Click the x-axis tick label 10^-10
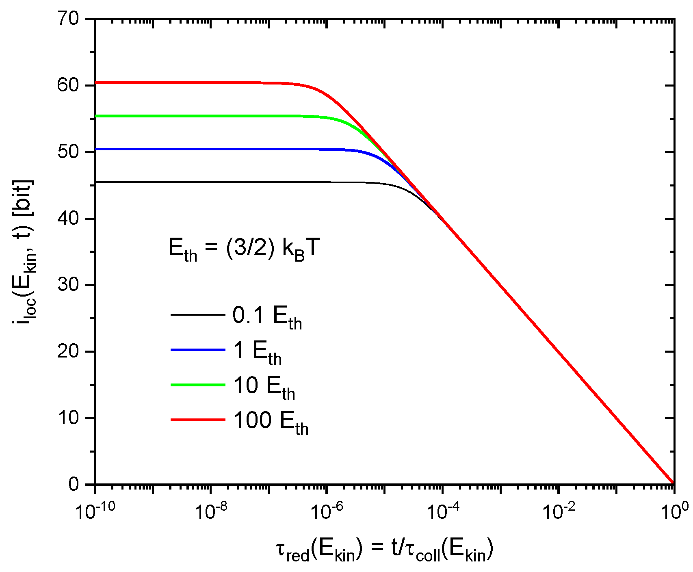pos(95,511)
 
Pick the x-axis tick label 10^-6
pos(327,511)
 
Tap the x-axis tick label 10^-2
pos(559,511)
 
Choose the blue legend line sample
pos(198,350)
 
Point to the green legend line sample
pos(198,385)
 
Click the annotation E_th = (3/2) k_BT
pos(244,249)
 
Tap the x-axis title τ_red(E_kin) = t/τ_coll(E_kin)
pos(384,550)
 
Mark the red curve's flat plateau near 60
pos(183,83)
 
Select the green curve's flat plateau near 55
pos(183,116)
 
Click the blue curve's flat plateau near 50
pos(183,149)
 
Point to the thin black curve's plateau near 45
pos(183,182)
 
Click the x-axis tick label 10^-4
pos(443,511)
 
